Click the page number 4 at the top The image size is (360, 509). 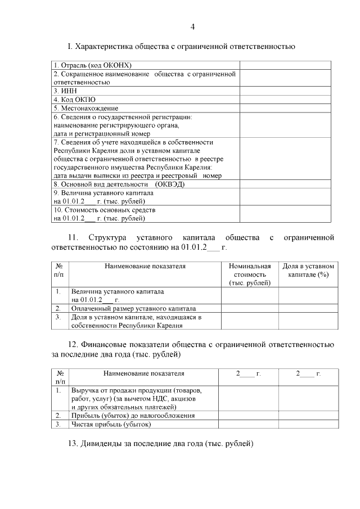point(192,26)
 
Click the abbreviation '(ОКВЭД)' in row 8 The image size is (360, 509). point(170,184)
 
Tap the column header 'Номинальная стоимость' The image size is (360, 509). point(249,274)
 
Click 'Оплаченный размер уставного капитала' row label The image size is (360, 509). point(133,309)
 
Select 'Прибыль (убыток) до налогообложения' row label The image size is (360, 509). point(133,416)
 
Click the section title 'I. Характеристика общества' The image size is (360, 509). point(181,46)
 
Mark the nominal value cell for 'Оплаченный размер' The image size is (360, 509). point(249,309)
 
